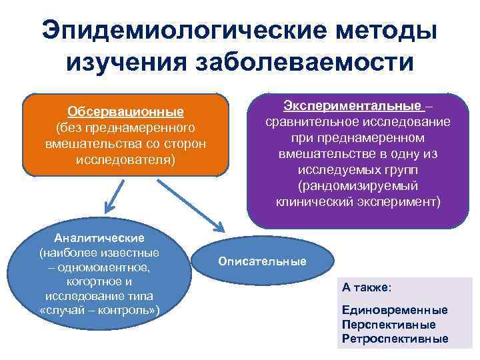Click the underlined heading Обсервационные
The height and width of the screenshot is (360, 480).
[x=126, y=111]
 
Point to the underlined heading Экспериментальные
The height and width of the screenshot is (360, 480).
[x=353, y=106]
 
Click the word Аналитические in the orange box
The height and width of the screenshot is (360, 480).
[x=99, y=238]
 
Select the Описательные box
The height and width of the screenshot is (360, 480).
[x=262, y=261]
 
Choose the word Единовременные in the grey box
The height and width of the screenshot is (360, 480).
[x=394, y=311]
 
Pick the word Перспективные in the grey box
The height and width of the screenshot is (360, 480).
[x=389, y=325]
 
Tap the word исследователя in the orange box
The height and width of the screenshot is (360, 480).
[x=127, y=160]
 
